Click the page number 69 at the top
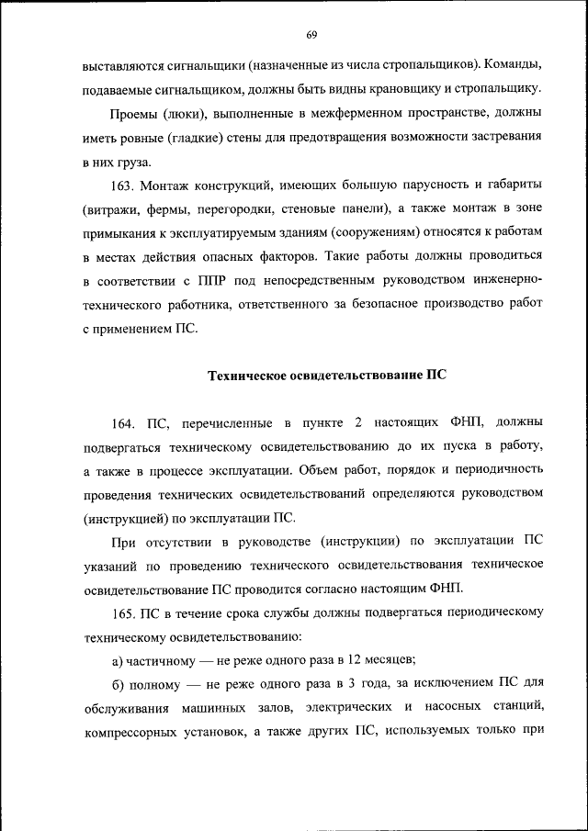311,35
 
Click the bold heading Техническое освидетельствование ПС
327,376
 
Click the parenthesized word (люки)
186,114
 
